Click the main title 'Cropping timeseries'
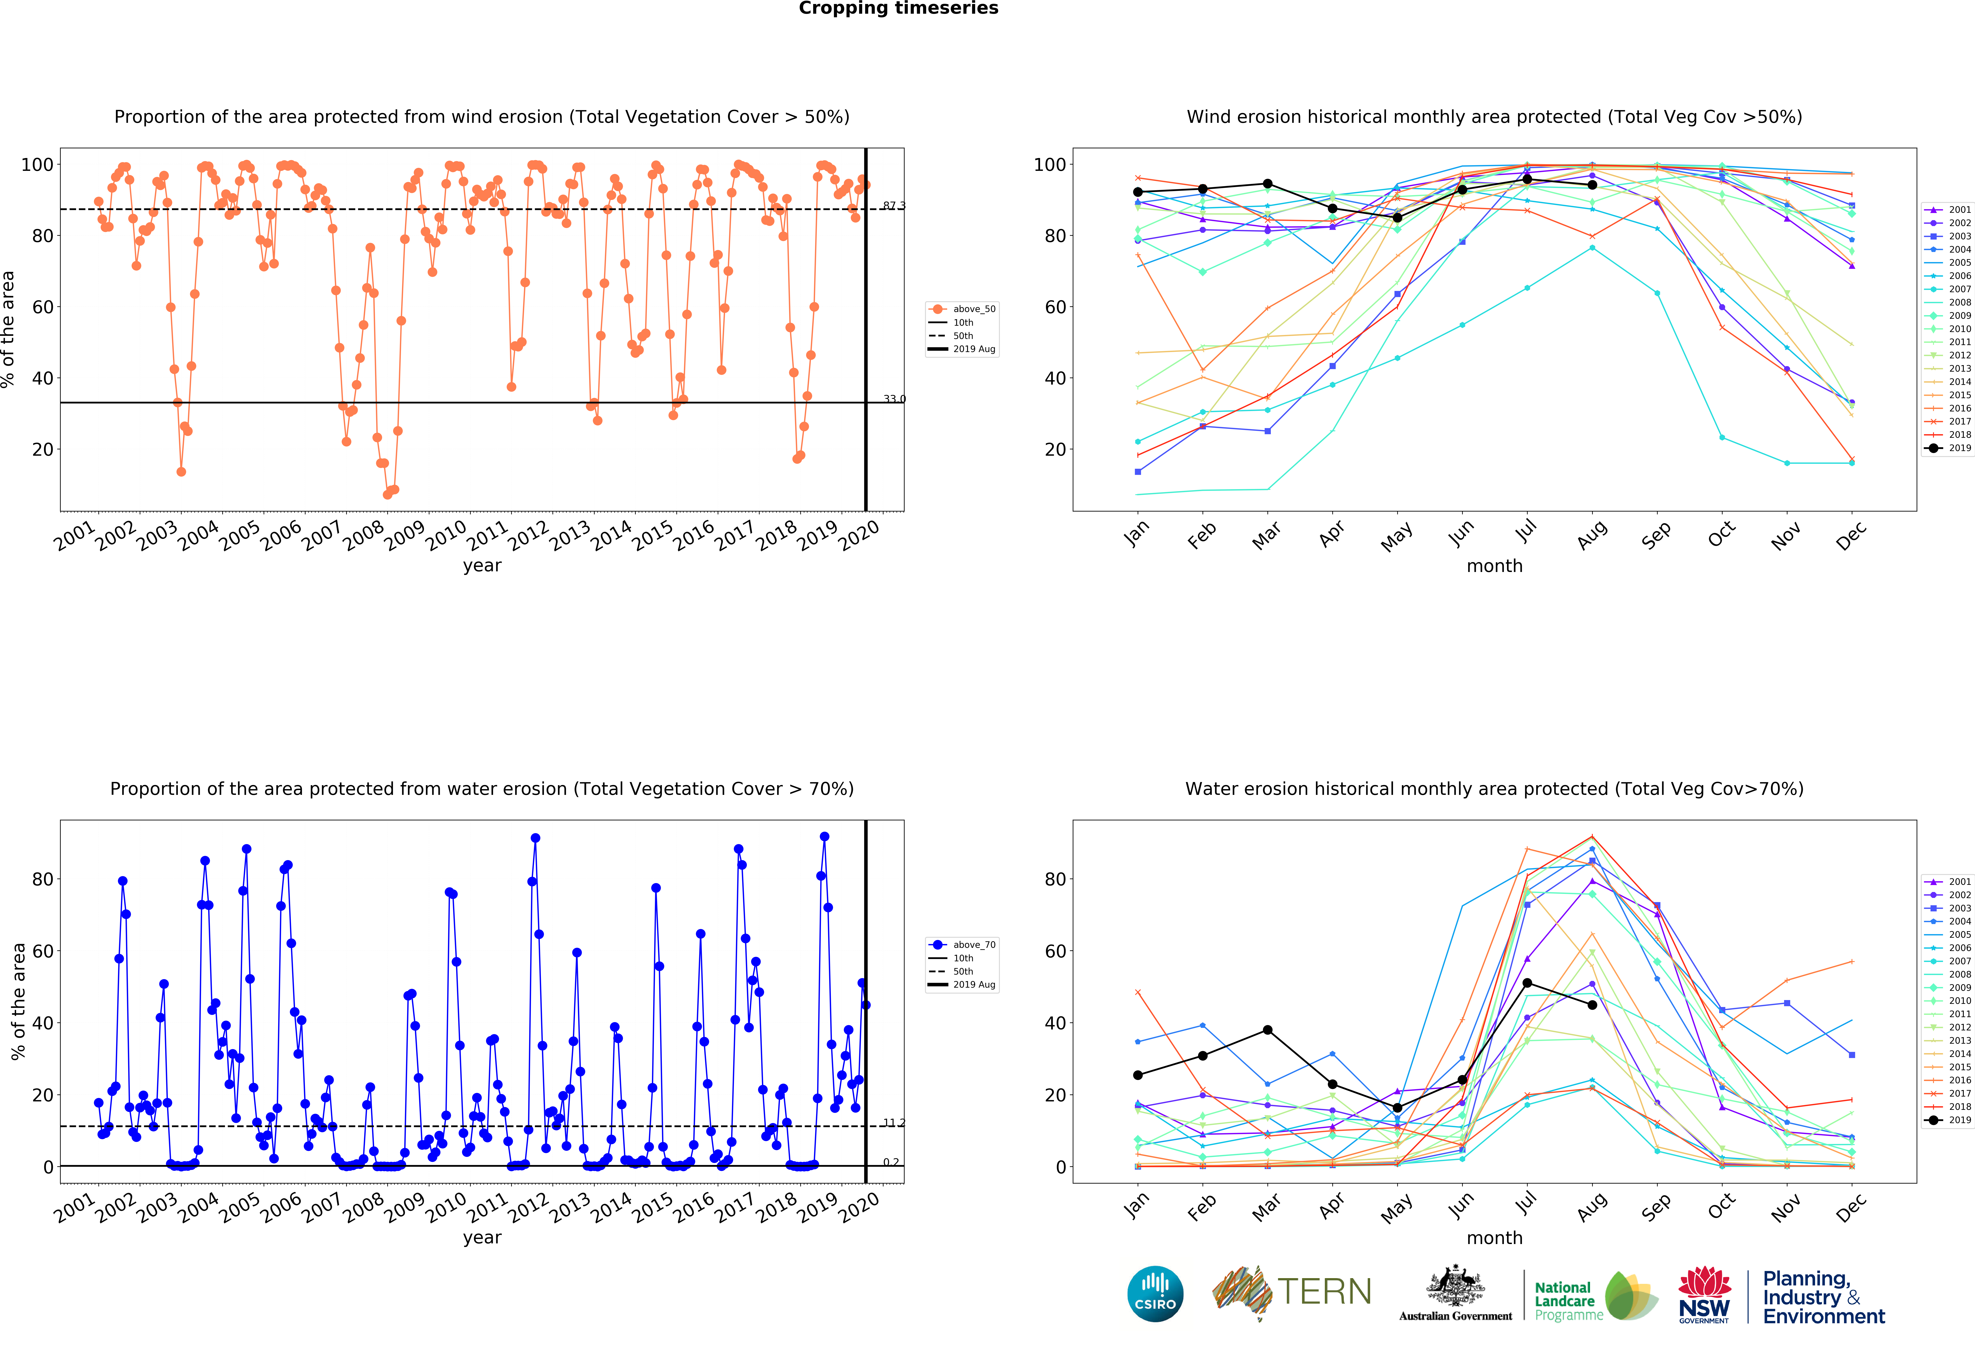click(898, 8)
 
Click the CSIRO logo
click(1155, 1294)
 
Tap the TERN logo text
click(1324, 1292)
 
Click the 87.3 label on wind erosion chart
click(893, 206)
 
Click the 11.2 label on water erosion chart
click(893, 1122)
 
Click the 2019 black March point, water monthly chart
click(1267, 1030)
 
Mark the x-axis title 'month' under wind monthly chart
click(1494, 566)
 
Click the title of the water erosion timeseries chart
click(482, 789)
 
